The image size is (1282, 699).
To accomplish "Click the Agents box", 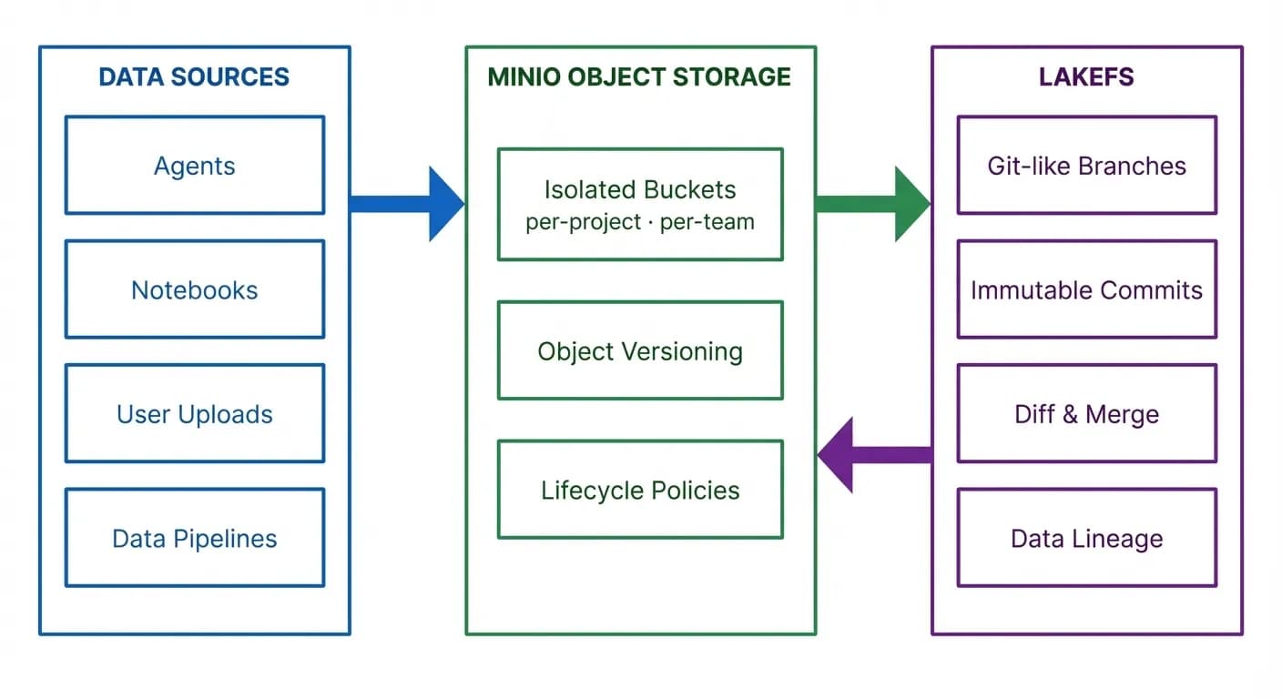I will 194,166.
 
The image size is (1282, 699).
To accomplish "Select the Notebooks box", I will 194,289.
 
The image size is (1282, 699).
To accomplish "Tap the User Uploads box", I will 194,414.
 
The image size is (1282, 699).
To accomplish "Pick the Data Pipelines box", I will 194,538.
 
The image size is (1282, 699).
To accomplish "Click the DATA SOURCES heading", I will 194,77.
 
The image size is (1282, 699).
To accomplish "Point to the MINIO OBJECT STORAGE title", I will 639,77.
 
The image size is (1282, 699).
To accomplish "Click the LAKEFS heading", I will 1086,77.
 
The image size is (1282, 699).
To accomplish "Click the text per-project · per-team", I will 639,222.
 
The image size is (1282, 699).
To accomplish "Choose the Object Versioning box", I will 639,351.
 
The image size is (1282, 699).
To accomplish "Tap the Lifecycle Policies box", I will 639,491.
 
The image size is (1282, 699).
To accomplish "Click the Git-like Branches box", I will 1086,166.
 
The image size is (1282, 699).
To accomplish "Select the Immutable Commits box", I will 1086,289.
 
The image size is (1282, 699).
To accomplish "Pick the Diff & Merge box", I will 1086,414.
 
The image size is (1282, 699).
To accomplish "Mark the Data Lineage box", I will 1086,538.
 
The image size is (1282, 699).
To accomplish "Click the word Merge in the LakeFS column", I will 1122,415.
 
